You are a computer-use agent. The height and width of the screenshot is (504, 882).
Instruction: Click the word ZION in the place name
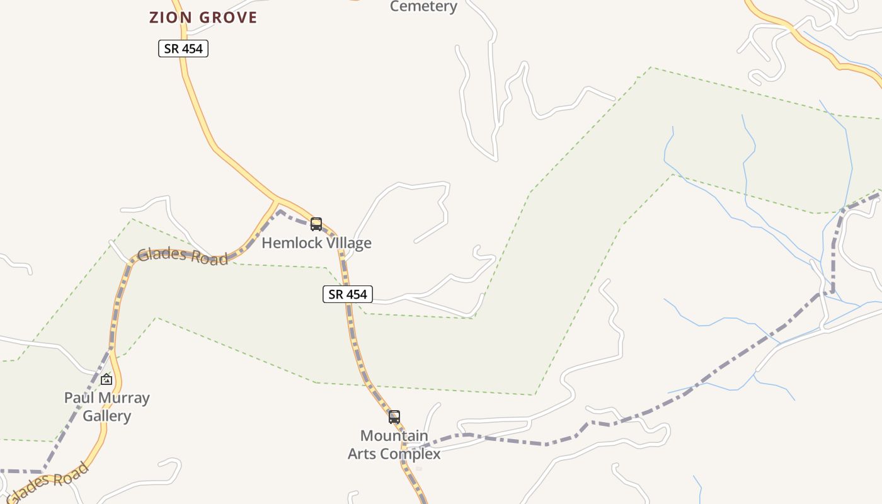pyautogui.click(x=170, y=18)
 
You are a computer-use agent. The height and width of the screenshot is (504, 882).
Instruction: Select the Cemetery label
pyautogui.click(x=423, y=6)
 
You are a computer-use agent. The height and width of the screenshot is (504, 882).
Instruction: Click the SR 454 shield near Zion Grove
pyautogui.click(x=183, y=49)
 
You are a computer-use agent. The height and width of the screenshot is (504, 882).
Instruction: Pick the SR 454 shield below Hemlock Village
pyautogui.click(x=348, y=294)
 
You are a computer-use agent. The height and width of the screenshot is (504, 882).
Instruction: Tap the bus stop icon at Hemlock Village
pyautogui.click(x=316, y=224)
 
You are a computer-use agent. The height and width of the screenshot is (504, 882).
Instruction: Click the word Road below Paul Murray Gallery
pyautogui.click(x=66, y=478)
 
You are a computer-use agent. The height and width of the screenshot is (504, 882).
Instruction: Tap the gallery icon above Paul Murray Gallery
pyautogui.click(x=106, y=379)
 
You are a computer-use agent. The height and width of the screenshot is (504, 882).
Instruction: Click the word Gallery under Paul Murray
pyautogui.click(x=107, y=416)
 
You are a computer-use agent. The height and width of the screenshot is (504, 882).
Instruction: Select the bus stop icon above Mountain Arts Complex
pyautogui.click(x=394, y=417)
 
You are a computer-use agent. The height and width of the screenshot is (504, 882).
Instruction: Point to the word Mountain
pyautogui.click(x=394, y=435)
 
